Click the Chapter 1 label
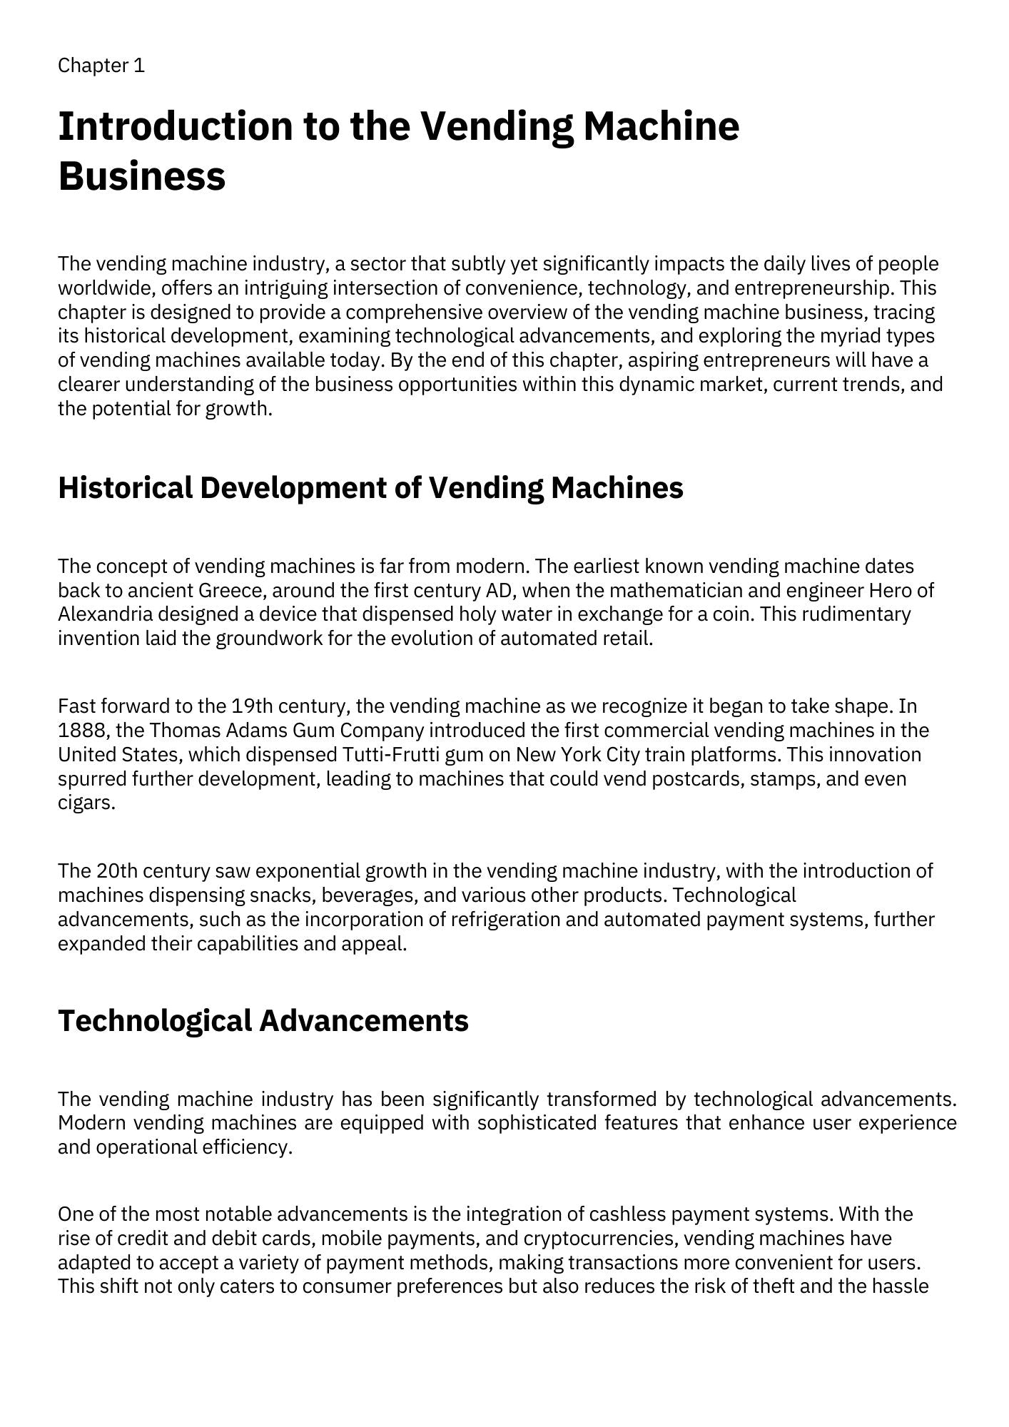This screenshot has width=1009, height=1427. coord(101,66)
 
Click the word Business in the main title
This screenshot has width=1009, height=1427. coord(141,176)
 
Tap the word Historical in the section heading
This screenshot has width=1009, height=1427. coord(125,488)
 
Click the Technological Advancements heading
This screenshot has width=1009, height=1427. coord(263,1020)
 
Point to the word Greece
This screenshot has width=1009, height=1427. coord(232,591)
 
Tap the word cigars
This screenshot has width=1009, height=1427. coord(86,803)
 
